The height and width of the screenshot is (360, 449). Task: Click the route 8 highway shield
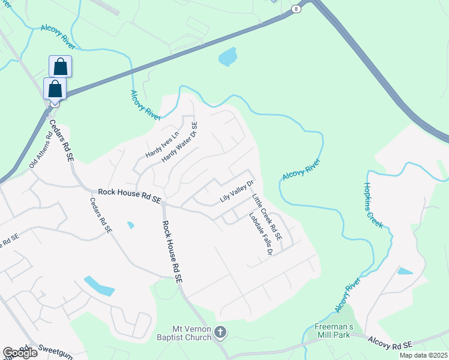point(295,8)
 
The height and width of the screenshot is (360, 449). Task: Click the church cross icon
point(221,332)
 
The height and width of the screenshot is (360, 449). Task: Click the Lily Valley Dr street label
point(237,191)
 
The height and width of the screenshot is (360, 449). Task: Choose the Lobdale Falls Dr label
point(261,235)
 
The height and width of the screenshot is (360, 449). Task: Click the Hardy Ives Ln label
point(162,145)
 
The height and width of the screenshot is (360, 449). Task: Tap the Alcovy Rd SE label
point(390,344)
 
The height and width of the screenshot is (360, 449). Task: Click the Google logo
point(20,353)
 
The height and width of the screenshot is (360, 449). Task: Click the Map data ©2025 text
point(423,355)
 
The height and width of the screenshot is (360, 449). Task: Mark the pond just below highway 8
point(228,58)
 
